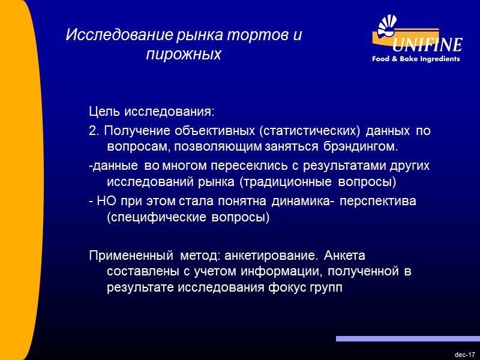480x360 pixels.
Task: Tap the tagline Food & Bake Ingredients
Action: (x=416, y=59)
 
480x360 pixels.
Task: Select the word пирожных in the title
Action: (x=184, y=55)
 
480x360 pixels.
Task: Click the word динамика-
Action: (x=305, y=200)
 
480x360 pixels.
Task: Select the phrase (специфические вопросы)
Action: (x=188, y=217)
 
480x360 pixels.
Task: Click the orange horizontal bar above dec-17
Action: (x=407, y=339)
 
